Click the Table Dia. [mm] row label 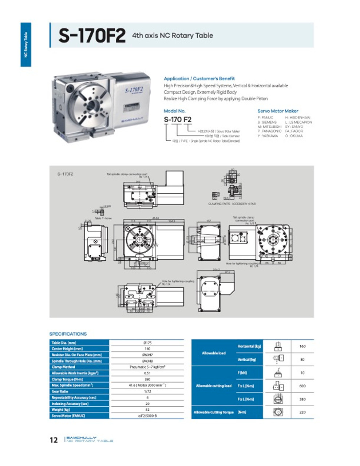(64, 343)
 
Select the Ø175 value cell (147, 343)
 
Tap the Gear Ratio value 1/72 (147, 391)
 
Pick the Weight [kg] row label (60, 410)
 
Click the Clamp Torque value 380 (147, 379)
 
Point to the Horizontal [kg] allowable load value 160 (302, 346)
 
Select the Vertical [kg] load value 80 (302, 359)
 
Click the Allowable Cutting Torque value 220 (302, 412)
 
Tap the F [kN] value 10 (302, 373)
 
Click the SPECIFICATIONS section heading (68, 334)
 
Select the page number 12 (54, 440)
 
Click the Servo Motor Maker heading (277, 111)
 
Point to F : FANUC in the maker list (265, 118)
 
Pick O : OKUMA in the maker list (294, 136)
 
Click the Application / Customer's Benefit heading (199, 79)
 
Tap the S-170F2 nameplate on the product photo (134, 90)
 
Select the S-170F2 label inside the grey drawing (66, 174)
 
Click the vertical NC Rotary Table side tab (26, 44)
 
